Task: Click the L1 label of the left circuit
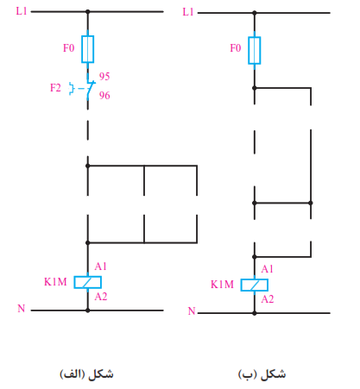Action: point(22,11)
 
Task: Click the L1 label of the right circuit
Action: point(188,12)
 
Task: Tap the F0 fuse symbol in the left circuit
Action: point(88,49)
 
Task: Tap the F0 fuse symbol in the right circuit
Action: point(255,50)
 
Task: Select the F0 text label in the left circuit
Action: point(69,47)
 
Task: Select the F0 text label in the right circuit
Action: point(236,47)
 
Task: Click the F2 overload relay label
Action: point(55,88)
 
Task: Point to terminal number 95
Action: point(104,76)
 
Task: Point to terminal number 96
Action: point(104,95)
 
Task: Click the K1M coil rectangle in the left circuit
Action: point(88,282)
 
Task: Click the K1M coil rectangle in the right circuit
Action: point(255,285)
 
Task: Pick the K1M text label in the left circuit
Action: point(55,282)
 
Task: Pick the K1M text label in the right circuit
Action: point(222,285)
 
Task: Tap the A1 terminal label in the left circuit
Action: point(101,267)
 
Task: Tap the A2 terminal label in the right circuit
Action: point(268,299)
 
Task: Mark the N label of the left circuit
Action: point(22,309)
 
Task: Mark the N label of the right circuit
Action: point(192,311)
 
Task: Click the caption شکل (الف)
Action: point(86,374)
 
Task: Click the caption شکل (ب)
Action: point(262,374)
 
